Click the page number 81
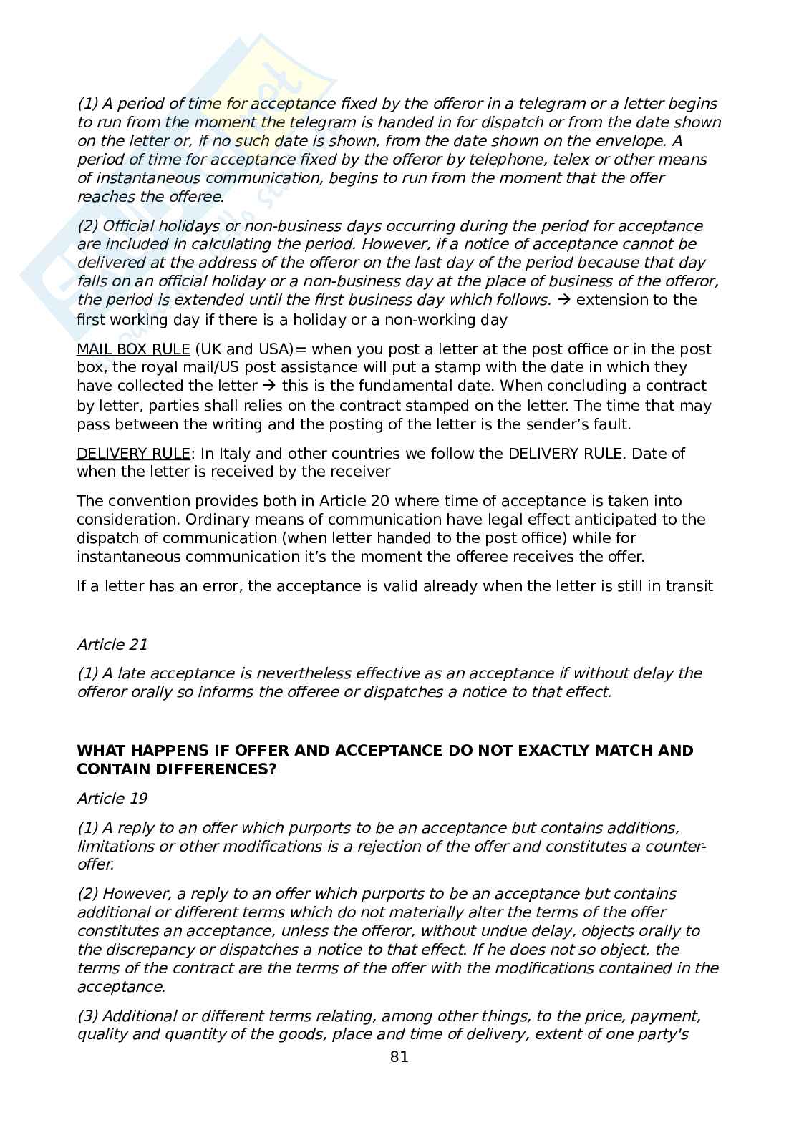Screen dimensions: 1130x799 pos(399,1057)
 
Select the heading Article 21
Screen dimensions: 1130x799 pos(112,644)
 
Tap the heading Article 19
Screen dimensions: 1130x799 pos(112,798)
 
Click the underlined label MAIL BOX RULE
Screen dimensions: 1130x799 pos(133,349)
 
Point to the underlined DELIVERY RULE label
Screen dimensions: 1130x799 pos(133,454)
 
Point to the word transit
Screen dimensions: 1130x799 pos(689,586)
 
